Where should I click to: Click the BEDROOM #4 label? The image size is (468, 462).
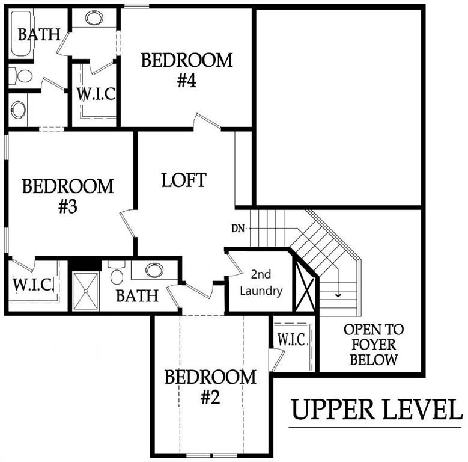tap(186, 70)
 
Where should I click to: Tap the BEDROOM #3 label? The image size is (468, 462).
tap(67, 196)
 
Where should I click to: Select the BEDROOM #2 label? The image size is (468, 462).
tap(210, 387)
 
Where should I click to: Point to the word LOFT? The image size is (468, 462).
tap(184, 180)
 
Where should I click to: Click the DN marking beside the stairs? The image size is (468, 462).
tap(237, 228)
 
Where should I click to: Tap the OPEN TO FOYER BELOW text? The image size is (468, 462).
tap(374, 345)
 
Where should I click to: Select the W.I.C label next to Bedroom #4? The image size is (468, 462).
tap(96, 94)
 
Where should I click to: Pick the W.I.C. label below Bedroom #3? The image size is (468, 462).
tap(34, 283)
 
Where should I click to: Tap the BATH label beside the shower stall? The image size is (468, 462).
tap(137, 295)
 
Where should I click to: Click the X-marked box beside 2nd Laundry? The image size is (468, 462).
tap(305, 282)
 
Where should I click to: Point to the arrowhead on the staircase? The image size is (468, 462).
tap(339, 295)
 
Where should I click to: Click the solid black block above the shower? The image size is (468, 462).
tap(84, 263)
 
